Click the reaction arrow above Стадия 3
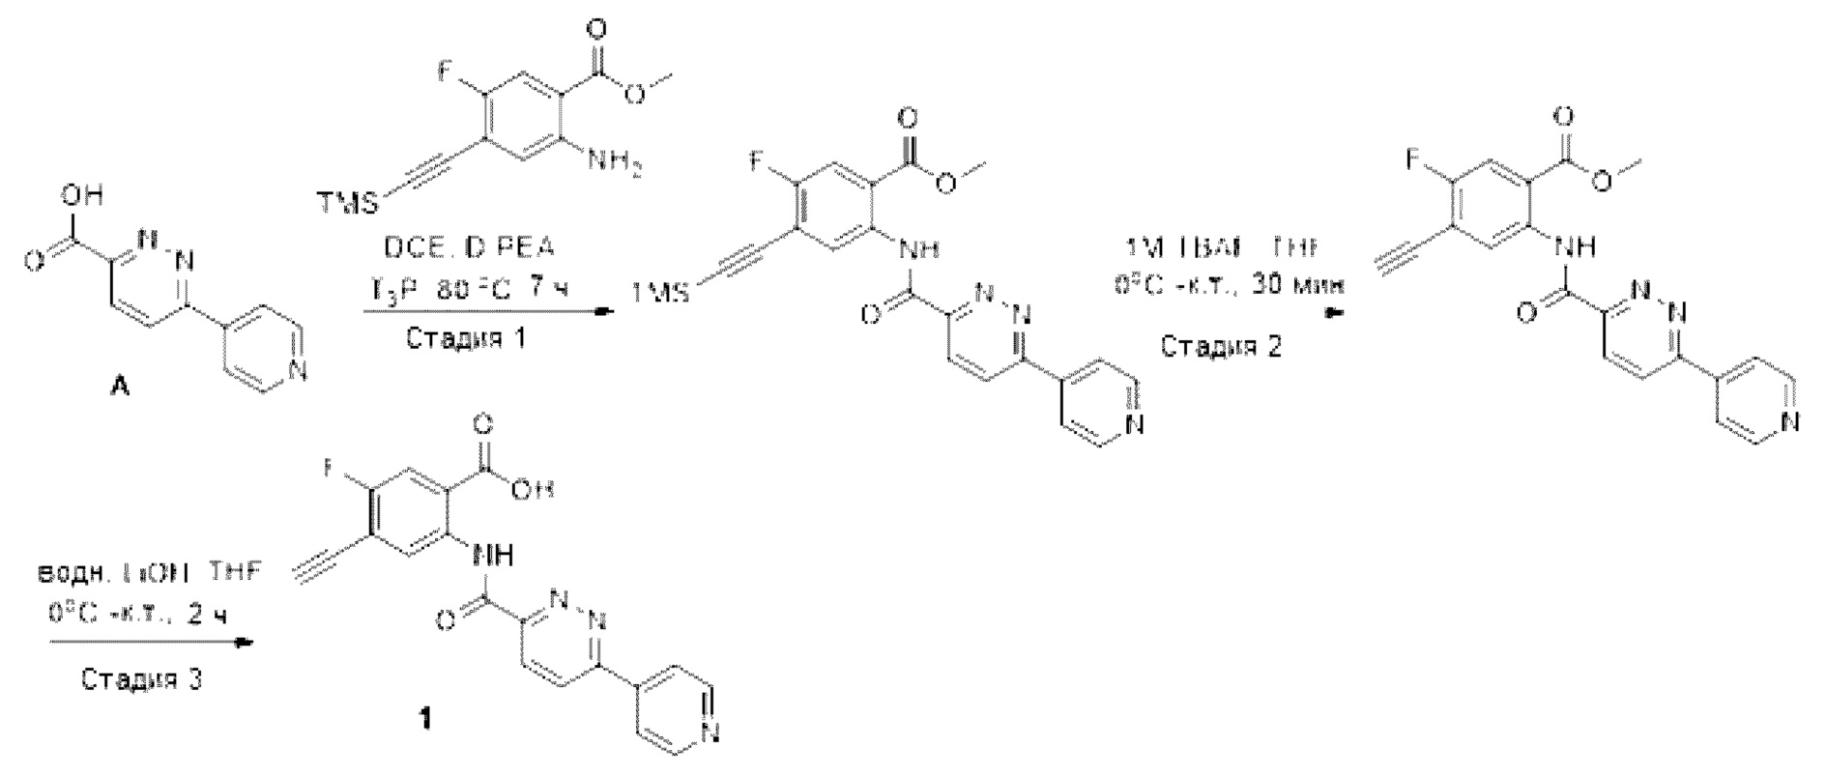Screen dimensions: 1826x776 pyautogui.click(x=153, y=641)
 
